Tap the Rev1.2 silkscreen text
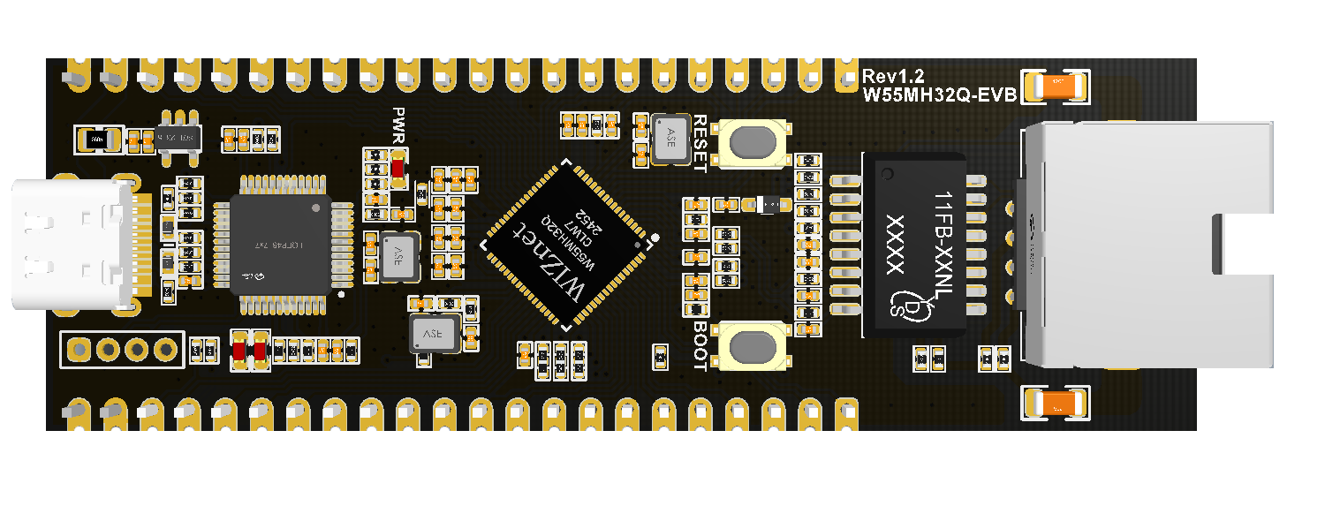click(892, 77)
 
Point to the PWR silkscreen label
click(398, 125)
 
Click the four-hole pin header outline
click(122, 350)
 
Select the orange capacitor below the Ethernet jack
click(1055, 403)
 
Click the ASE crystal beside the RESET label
click(670, 138)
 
